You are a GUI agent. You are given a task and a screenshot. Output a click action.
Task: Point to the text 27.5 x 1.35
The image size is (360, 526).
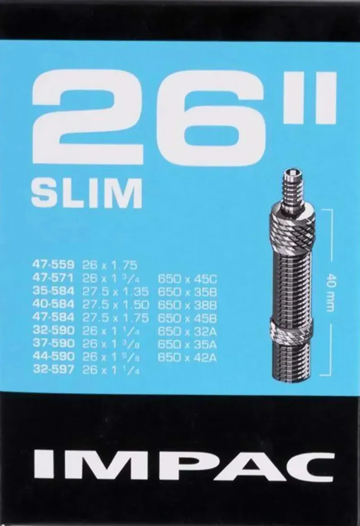(x=116, y=291)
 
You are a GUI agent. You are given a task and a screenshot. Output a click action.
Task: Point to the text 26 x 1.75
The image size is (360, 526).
(x=110, y=264)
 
